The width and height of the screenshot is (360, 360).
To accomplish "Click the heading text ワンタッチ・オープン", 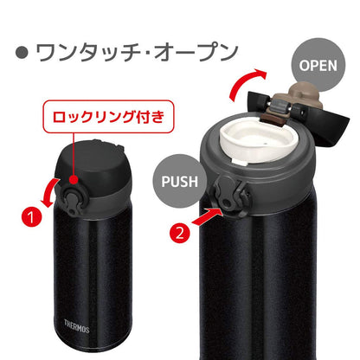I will (135, 52).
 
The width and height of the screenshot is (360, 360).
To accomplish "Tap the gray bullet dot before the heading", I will (22, 53).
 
